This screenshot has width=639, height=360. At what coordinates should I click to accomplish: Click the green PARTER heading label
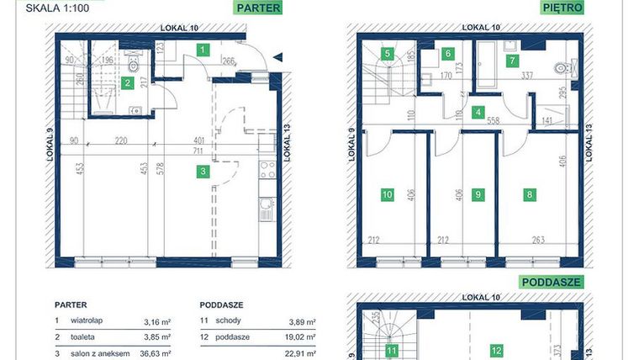point(257,8)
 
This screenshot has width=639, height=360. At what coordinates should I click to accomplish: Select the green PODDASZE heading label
point(552,282)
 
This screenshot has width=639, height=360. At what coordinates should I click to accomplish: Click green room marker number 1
point(203,50)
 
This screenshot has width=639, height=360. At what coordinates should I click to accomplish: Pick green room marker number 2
point(127,82)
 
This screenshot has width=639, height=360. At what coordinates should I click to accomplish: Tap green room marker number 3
point(203,172)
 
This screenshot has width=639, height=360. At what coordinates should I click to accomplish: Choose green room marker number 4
point(478,112)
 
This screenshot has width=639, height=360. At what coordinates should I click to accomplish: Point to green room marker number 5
point(388,53)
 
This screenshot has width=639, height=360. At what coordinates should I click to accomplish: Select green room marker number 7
point(511,60)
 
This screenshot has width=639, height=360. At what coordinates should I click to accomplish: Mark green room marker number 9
point(478,195)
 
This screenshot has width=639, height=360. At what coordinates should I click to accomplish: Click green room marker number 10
point(388,195)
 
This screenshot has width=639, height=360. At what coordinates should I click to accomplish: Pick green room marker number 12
point(497,350)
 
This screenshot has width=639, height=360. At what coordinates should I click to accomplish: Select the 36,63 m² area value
point(157,353)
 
